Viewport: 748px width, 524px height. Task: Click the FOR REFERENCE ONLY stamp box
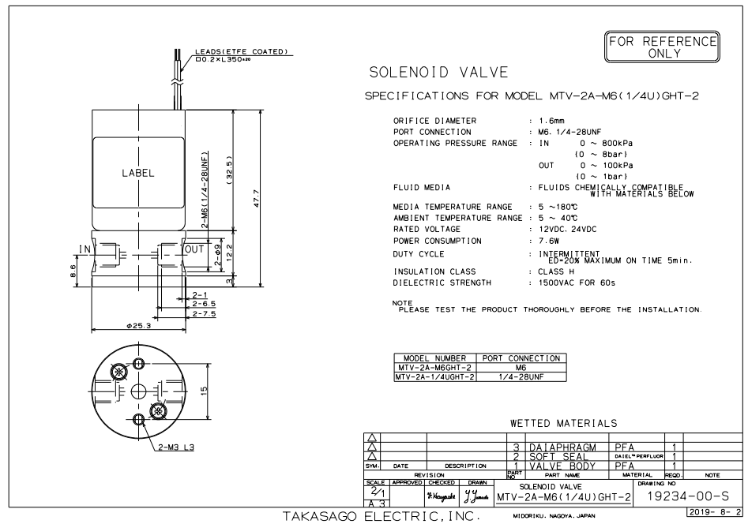click(x=662, y=47)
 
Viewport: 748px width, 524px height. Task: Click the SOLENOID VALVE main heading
click(x=439, y=73)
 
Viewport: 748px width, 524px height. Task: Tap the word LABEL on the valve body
click(x=138, y=173)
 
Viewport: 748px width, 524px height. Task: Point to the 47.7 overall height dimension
click(x=256, y=198)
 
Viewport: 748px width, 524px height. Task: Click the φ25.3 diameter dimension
click(x=138, y=326)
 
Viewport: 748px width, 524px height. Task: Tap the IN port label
click(x=85, y=249)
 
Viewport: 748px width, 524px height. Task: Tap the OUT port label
click(x=194, y=249)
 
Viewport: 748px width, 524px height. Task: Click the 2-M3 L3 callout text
click(x=176, y=447)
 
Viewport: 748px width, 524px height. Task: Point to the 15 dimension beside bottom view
click(x=204, y=391)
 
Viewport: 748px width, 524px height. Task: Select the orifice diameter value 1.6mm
click(x=552, y=121)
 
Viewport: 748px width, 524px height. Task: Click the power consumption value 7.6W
click(x=549, y=241)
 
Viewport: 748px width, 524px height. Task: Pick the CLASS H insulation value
click(x=556, y=271)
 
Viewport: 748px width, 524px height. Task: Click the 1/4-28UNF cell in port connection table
click(x=521, y=376)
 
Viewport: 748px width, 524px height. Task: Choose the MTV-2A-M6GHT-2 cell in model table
click(x=434, y=368)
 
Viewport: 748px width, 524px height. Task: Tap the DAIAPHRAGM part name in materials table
click(x=563, y=447)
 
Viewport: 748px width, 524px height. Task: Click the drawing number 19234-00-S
click(x=688, y=496)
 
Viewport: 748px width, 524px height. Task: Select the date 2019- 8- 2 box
click(x=714, y=512)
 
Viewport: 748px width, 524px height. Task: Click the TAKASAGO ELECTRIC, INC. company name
click(x=382, y=516)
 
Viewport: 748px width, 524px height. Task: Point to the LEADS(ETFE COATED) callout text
click(x=242, y=51)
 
